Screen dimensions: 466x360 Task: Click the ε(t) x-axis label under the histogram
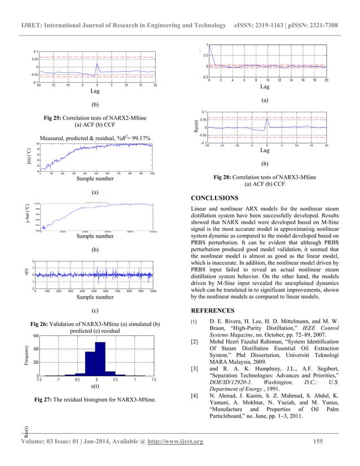point(96,386)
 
